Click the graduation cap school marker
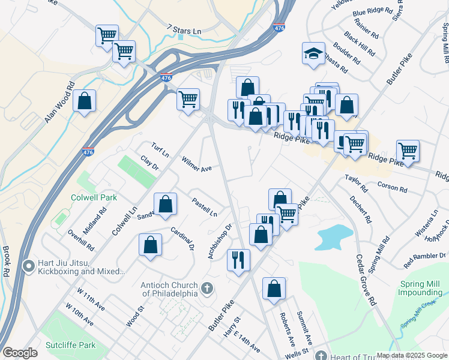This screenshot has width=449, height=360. point(313,54)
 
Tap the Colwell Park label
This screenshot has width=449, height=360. point(92,197)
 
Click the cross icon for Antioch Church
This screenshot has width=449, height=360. point(206,289)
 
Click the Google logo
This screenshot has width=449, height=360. point(20,353)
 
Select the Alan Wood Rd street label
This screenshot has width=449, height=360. point(58,104)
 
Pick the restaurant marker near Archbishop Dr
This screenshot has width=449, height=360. point(238,260)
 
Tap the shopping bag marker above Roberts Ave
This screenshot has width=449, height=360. point(274,289)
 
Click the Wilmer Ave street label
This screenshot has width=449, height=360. point(197,164)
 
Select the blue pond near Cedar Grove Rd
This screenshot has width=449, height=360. point(333,236)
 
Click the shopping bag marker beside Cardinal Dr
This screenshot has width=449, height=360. point(150,244)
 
